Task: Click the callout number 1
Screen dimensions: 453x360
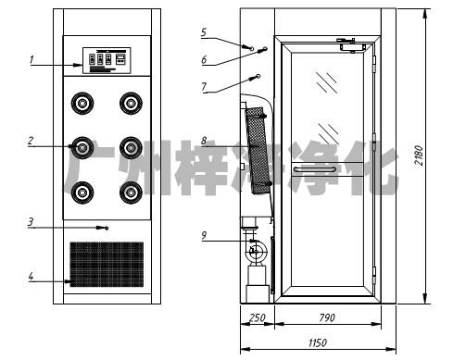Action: coord(31,59)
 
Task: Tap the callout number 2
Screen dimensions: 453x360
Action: coord(31,141)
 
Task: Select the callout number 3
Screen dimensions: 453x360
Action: coord(31,222)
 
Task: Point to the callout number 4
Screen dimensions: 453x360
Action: coord(31,277)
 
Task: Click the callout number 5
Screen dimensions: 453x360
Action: coord(204,32)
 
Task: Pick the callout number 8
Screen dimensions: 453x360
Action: coord(204,141)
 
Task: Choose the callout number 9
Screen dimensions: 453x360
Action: coord(204,236)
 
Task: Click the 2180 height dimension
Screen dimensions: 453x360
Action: coord(419,155)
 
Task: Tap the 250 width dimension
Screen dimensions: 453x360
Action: coord(258,317)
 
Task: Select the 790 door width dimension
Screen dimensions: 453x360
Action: coord(327,317)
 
